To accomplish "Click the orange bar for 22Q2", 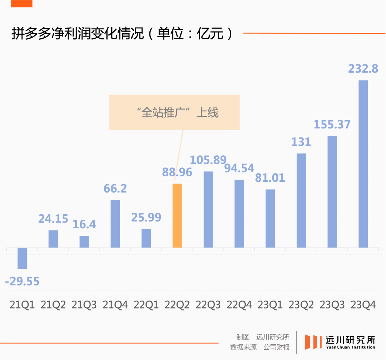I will point(177,215).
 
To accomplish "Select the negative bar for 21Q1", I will point(22,258).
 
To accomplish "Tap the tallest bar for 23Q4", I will point(363,164).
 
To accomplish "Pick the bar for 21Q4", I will point(115,224).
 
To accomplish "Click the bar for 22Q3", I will point(208,209).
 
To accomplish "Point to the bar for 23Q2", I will point(301,200).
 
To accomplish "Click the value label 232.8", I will point(363,68).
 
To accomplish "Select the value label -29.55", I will point(22,281).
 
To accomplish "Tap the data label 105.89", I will point(208,160).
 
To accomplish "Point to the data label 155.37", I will point(332,124).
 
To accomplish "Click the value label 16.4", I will point(84,224).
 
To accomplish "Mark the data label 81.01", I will point(270,177).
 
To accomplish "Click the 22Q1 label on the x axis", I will point(146,305).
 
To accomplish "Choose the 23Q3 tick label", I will point(332,305).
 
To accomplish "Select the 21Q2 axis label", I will point(53,305).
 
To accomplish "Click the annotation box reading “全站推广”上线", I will point(174,112).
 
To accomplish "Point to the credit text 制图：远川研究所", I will point(263,337).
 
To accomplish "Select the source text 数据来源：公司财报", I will point(260,347).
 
